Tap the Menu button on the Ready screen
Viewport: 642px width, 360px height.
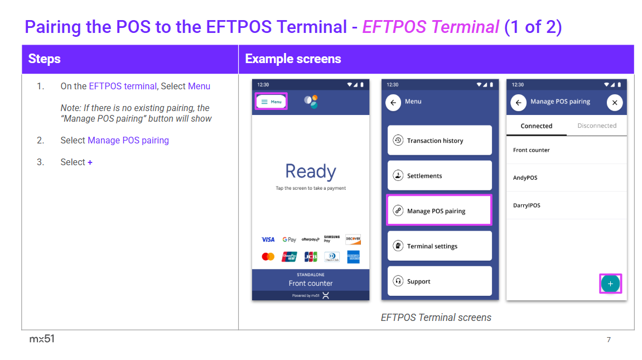tap(272, 102)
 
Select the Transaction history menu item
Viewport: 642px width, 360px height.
tap(440, 141)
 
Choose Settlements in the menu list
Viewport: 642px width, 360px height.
tap(440, 176)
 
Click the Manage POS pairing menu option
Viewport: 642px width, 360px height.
tap(440, 210)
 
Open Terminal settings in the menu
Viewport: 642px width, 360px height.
tap(440, 246)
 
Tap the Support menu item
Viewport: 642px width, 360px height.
tap(440, 281)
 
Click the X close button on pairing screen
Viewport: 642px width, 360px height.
tap(614, 103)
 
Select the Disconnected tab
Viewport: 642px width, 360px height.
tap(597, 126)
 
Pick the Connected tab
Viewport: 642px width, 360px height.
tap(537, 126)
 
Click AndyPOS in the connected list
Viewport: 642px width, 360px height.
tap(525, 177)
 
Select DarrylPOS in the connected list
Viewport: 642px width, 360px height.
tap(527, 205)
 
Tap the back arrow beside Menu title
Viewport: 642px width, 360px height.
tap(393, 103)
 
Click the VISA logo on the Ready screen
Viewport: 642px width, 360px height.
tap(268, 239)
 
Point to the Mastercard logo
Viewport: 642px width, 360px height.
tap(268, 257)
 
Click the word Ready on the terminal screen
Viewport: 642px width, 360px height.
tap(311, 171)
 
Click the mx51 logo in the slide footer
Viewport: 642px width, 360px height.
tap(42, 339)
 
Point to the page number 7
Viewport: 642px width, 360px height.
tap(609, 339)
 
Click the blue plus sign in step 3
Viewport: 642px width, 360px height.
tap(90, 162)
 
